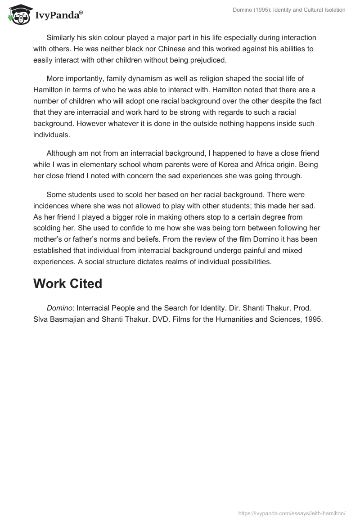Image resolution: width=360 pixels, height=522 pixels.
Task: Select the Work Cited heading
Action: (x=67, y=283)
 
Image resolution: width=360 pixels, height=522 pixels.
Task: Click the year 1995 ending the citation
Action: (x=314, y=319)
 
